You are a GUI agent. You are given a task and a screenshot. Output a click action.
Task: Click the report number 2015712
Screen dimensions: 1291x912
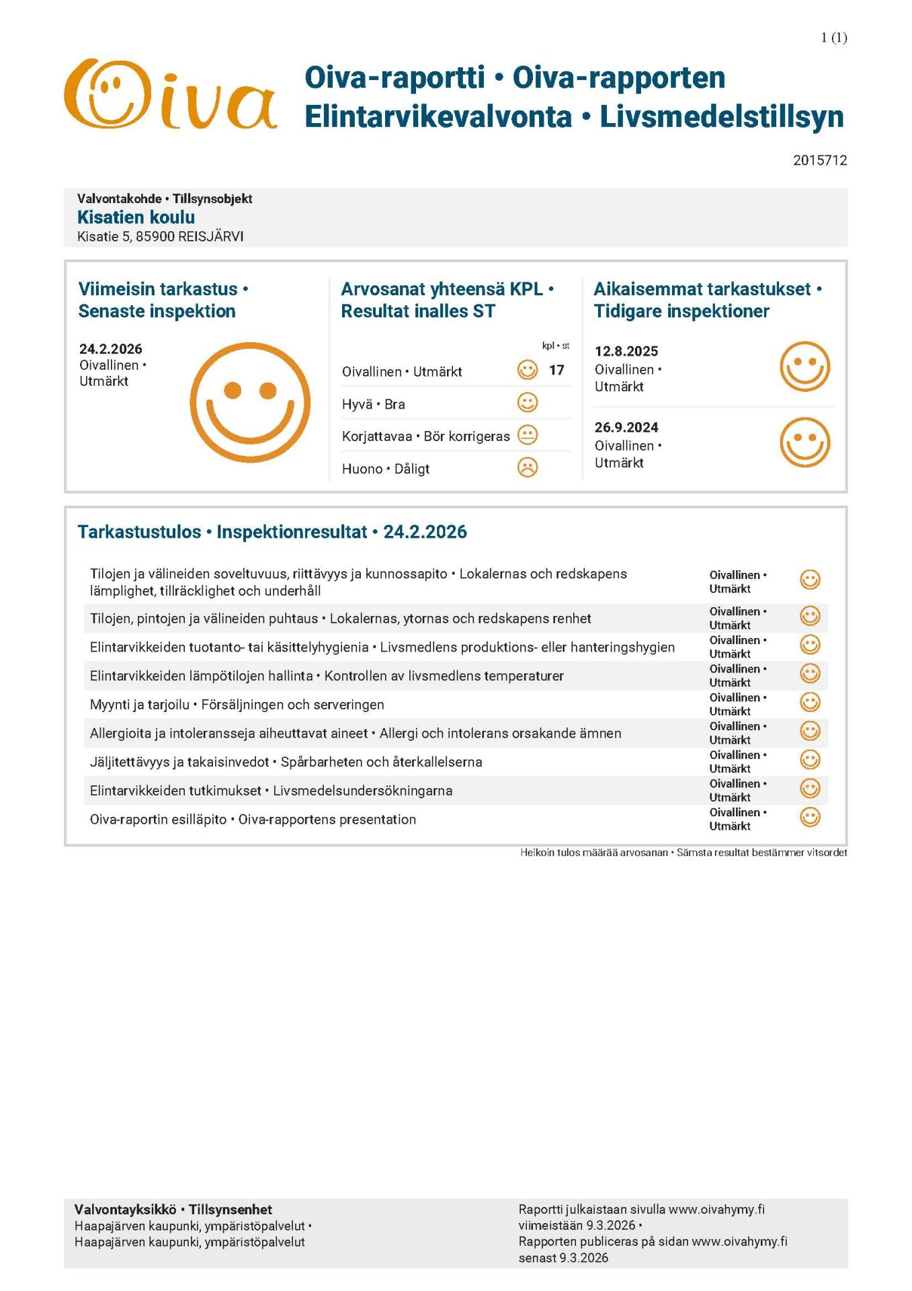tap(819, 160)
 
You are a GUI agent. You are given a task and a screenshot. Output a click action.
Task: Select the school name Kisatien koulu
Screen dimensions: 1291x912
tap(136, 217)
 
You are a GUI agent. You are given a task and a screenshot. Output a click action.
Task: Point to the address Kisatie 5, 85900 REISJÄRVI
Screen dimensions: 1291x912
tap(160, 237)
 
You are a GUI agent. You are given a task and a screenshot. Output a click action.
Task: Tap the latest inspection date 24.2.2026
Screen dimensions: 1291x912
tap(111, 349)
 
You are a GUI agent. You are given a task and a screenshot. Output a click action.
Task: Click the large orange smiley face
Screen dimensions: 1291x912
tap(250, 403)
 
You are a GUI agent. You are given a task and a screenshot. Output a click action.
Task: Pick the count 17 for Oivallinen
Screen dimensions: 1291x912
tap(556, 370)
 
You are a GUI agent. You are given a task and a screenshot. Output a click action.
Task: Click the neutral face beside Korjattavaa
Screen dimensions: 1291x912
tap(528, 435)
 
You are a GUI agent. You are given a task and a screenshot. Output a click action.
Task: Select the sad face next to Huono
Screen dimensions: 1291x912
tap(528, 467)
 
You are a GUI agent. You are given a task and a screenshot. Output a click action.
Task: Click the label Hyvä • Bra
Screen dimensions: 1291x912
tap(374, 404)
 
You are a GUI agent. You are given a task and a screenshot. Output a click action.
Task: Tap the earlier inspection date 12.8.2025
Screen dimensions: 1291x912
tap(626, 351)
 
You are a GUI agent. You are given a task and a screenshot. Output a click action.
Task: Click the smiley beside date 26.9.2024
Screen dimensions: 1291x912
tap(804, 442)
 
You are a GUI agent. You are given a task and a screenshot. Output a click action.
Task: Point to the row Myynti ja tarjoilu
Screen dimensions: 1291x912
tap(237, 705)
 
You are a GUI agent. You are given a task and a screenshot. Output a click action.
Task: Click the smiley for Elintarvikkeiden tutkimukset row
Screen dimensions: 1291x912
tap(810, 788)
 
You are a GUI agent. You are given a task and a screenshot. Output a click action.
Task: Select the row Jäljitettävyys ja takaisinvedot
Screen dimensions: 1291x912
tap(286, 762)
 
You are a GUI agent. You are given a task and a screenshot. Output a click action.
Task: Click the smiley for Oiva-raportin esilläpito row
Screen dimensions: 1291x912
tap(810, 817)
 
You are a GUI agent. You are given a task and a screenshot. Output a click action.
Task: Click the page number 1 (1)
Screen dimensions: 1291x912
tap(833, 38)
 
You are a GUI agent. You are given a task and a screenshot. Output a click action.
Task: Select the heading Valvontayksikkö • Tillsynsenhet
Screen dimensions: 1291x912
tap(173, 1210)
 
